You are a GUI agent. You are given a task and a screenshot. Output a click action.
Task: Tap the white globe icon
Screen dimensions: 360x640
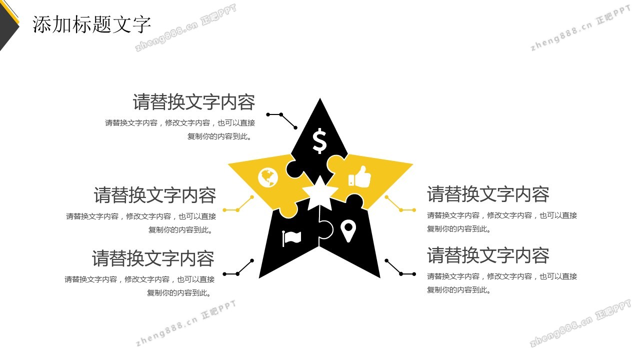coord(268,177)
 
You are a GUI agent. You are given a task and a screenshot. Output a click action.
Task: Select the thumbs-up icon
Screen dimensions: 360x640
coord(359,176)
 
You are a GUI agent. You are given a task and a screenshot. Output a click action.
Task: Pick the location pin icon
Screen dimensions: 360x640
coord(348,231)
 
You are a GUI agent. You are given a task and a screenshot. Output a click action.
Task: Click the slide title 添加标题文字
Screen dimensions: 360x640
coord(91,24)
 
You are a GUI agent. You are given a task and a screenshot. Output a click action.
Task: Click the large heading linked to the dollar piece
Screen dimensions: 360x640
coord(193,102)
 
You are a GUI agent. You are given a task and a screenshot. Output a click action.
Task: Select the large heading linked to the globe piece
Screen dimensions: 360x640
coord(155,195)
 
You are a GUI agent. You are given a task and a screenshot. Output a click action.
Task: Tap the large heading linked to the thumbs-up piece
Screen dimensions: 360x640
coord(488,194)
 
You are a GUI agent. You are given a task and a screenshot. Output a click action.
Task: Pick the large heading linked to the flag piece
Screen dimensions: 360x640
coord(153,258)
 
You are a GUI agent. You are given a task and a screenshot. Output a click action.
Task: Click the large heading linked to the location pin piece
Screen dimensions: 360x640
coord(488,255)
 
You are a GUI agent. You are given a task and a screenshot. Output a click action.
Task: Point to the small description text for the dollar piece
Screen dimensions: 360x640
coord(180,129)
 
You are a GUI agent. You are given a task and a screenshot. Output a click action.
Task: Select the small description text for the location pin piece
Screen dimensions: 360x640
coord(501,283)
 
